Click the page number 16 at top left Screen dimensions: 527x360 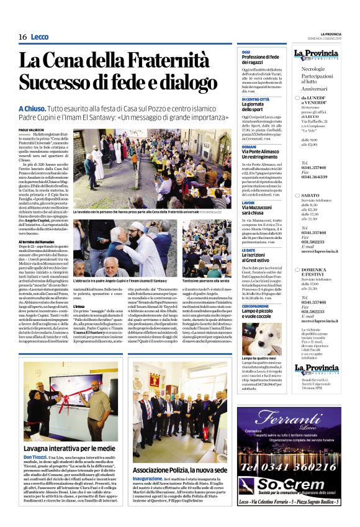tap(23, 37)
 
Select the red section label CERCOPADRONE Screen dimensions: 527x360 tap(256, 306)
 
